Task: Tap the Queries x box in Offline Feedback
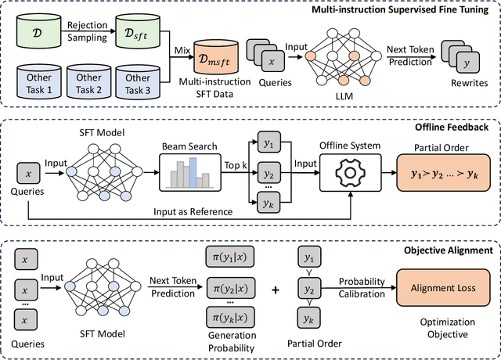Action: (28, 172)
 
